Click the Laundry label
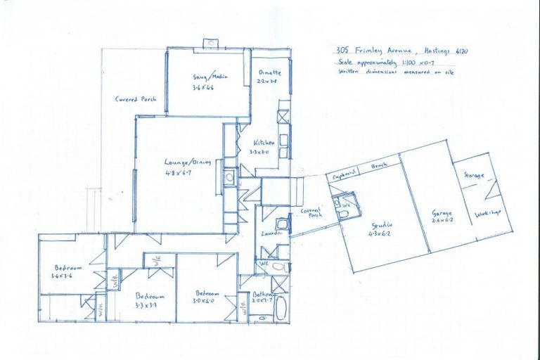(273, 232)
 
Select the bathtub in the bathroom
(280, 307)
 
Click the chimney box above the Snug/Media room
(210, 44)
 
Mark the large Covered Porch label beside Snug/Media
(135, 99)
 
